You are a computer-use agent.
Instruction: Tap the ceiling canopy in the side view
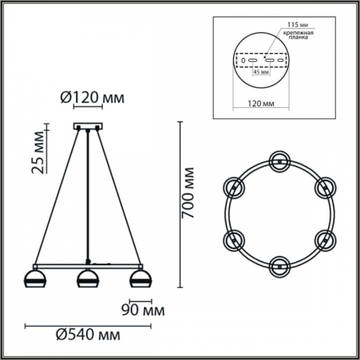pyautogui.click(x=87, y=127)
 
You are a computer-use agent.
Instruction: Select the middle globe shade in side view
pyautogui.click(x=87, y=279)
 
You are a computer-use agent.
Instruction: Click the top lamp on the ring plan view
pyautogui.click(x=279, y=161)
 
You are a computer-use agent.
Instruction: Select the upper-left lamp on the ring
pyautogui.click(x=233, y=187)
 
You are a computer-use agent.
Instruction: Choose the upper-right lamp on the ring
pyautogui.click(x=323, y=187)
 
